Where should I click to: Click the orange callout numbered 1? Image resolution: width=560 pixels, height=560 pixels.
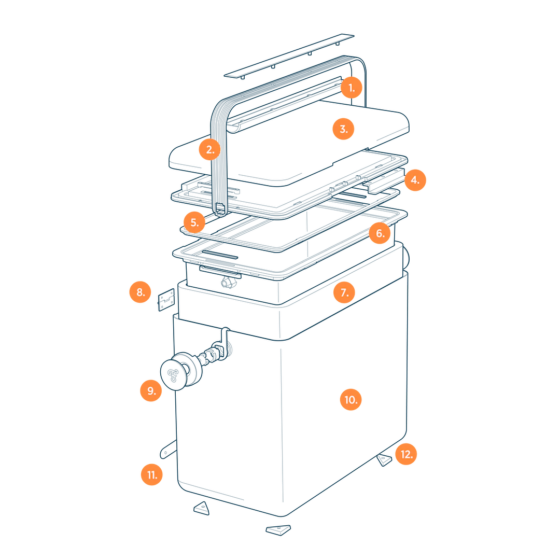tap(352, 88)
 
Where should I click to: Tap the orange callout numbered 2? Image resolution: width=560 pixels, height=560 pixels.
tap(210, 150)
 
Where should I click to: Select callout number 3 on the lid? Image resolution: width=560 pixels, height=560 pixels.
tap(343, 129)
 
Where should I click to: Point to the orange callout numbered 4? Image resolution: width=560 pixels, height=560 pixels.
tap(415, 180)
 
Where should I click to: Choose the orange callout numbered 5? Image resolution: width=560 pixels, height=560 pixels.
tap(194, 222)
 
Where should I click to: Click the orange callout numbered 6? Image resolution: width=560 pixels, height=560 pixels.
tap(380, 233)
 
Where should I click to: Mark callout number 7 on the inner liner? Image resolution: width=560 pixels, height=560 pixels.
tap(344, 292)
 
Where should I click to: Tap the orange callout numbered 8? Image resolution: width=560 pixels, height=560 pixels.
tap(141, 292)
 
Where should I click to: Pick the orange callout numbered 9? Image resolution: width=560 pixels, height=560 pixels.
tap(151, 391)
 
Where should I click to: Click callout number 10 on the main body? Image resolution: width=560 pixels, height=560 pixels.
tap(351, 400)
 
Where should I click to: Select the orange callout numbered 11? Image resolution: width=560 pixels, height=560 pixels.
tap(152, 474)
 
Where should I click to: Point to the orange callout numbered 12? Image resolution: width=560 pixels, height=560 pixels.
tap(406, 454)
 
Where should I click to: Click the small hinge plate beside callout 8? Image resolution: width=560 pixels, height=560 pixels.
tap(166, 300)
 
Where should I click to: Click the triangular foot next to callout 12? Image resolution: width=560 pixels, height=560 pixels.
tap(384, 459)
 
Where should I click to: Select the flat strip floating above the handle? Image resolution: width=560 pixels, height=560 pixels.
tap(289, 55)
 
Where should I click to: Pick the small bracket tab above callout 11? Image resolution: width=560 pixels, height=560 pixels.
tap(168, 449)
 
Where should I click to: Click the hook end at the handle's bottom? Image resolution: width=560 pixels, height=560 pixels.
tap(220, 210)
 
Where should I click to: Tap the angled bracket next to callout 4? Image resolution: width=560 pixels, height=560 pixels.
tap(384, 181)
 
